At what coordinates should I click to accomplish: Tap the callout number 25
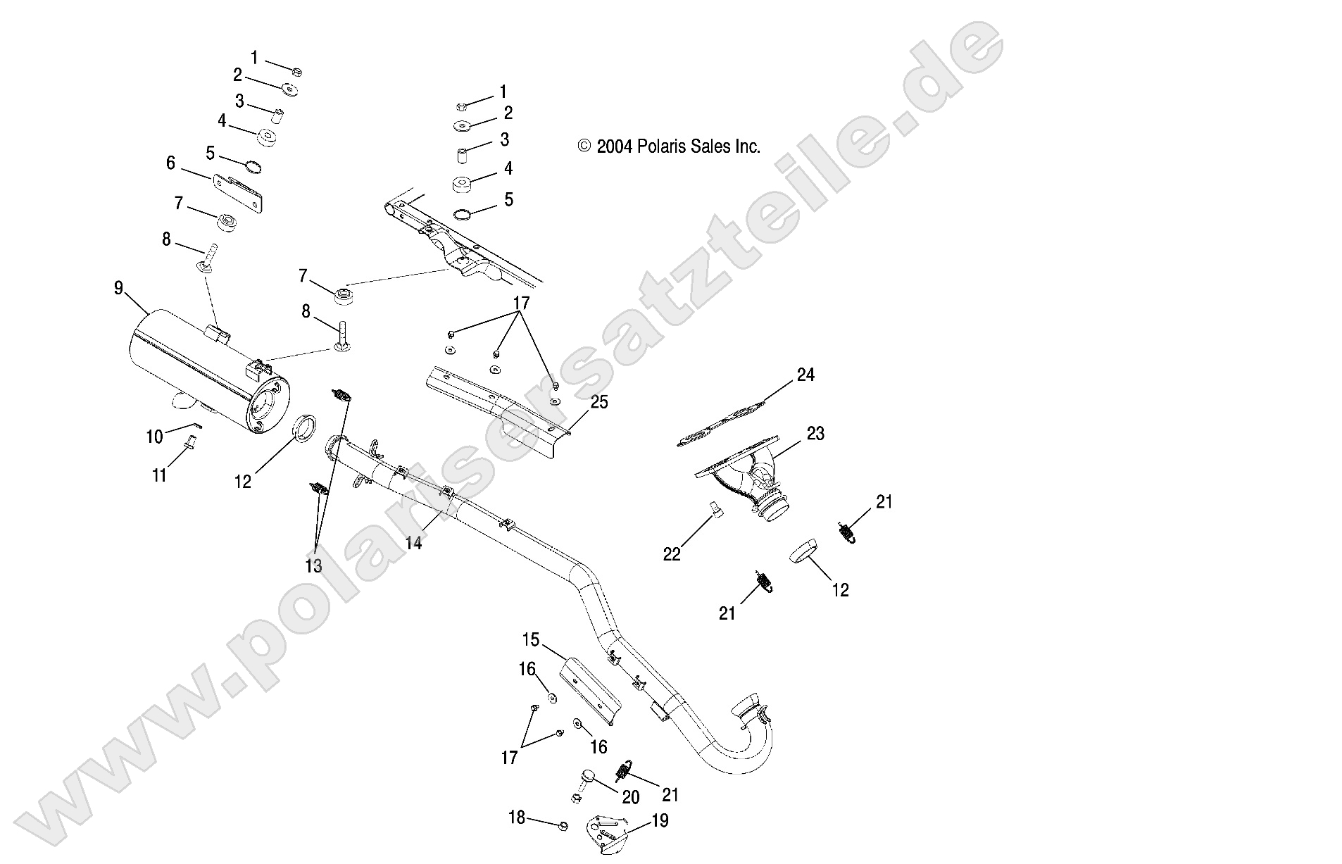click(599, 402)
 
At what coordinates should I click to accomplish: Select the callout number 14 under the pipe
click(414, 542)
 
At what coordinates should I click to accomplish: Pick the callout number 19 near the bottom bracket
click(660, 820)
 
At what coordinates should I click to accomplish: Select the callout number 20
click(630, 796)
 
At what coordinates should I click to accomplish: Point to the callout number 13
click(313, 565)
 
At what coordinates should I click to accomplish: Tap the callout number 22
click(672, 554)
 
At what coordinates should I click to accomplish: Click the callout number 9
click(118, 287)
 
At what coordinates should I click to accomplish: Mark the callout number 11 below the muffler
click(160, 475)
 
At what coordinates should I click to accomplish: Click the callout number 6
click(170, 163)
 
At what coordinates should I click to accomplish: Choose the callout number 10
click(154, 437)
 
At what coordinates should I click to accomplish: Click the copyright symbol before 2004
click(584, 146)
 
